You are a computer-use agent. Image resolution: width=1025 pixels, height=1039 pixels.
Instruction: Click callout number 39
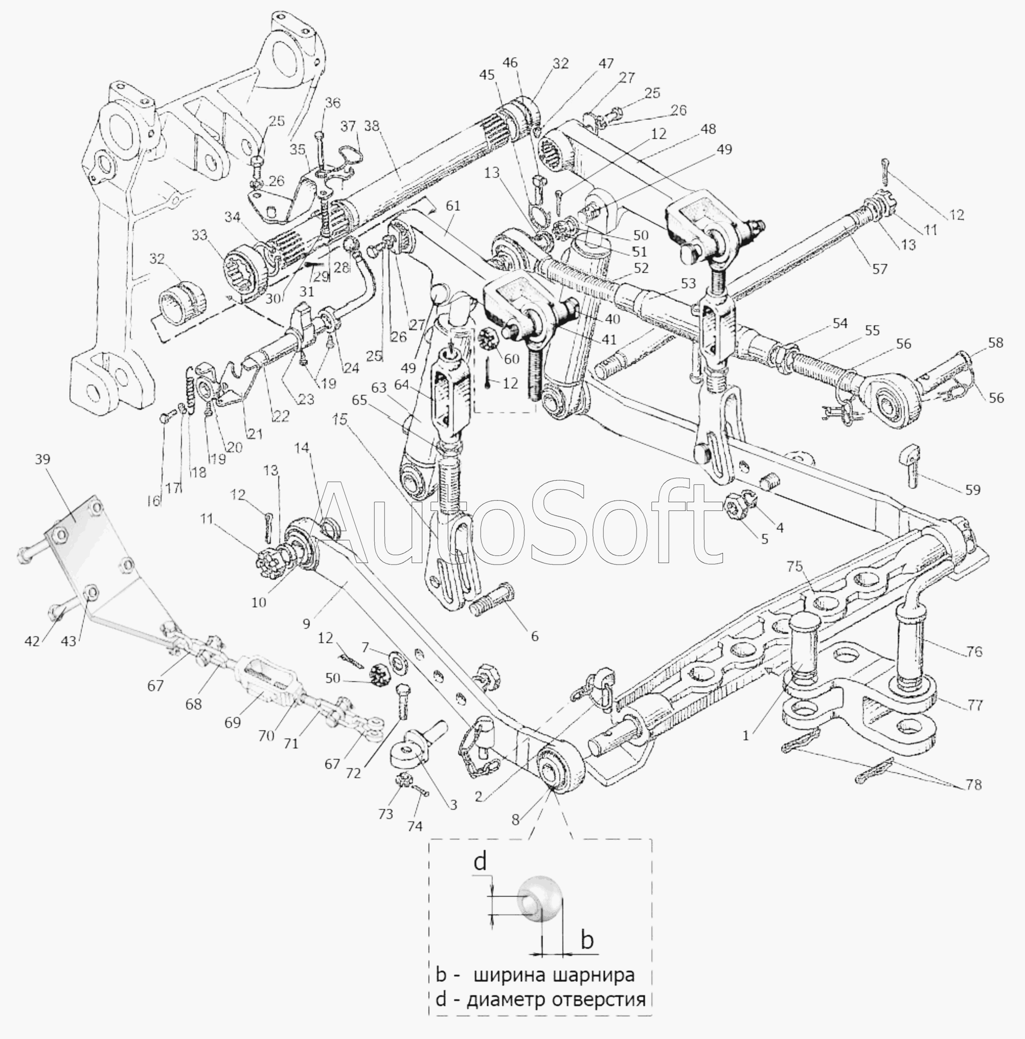point(42,459)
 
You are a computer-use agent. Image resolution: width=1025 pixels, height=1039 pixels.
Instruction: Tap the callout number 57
point(880,268)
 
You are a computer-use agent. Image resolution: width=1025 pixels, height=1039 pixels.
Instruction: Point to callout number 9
point(307,623)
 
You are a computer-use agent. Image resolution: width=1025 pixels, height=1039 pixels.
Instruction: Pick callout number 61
point(453,206)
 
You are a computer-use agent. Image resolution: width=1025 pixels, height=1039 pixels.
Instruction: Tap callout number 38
point(371,126)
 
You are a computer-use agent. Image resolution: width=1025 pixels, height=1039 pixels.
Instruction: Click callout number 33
point(199,235)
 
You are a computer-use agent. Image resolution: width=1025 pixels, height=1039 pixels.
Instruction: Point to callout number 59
point(972,490)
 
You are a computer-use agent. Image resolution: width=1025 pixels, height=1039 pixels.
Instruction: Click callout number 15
point(340,419)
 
